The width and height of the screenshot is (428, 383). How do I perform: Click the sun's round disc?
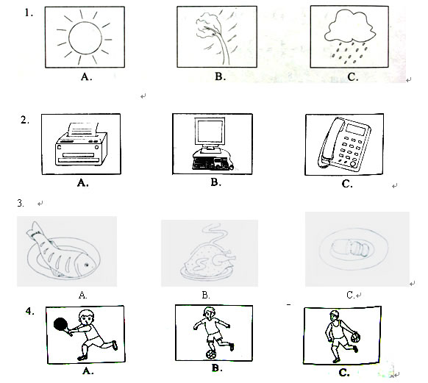click(85, 38)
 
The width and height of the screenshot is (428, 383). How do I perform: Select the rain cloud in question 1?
click(350, 26)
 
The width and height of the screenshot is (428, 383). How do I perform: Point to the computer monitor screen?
click(210, 131)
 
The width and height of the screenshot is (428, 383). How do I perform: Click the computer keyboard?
click(210, 163)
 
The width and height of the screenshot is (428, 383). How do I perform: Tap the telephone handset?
click(330, 142)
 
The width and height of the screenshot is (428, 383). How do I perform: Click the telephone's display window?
click(356, 129)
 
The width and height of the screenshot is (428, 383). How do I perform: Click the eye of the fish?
click(86, 265)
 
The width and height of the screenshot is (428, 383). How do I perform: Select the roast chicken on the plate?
click(209, 260)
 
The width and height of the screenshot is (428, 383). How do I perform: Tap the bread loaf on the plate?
click(351, 248)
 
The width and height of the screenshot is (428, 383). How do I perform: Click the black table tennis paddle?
click(61, 325)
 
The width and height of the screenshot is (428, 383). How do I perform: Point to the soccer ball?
click(211, 354)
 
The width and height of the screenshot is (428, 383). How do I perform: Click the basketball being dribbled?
click(355, 337)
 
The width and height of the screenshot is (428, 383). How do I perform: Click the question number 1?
click(29, 12)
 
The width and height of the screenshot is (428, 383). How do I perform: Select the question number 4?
click(29, 311)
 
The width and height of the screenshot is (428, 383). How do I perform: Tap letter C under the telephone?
click(347, 184)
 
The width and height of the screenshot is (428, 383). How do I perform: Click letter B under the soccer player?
click(217, 368)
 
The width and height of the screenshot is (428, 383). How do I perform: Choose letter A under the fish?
click(82, 295)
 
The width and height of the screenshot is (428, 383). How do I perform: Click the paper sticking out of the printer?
click(82, 129)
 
